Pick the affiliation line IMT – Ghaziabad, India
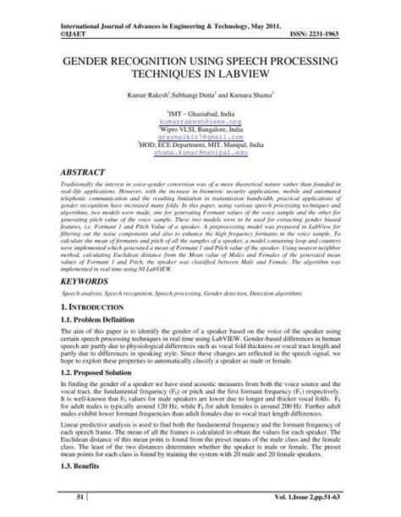200,113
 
